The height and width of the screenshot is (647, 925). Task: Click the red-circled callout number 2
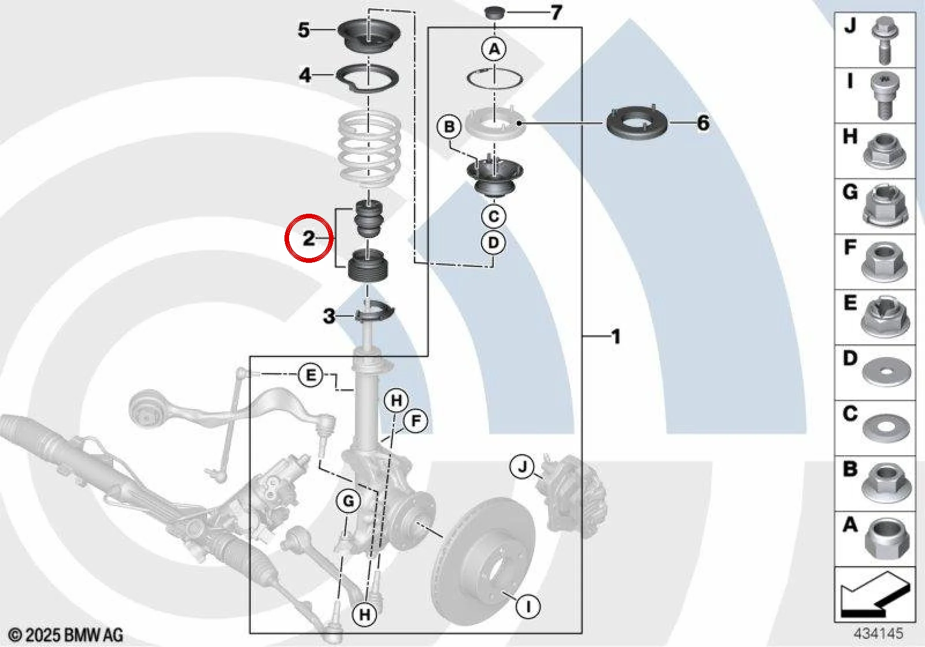point(309,239)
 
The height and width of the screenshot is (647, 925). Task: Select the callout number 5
point(304,30)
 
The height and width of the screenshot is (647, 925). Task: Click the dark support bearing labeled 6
point(637,123)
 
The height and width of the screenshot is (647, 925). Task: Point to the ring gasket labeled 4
point(367,78)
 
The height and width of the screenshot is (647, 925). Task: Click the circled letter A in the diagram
point(494,49)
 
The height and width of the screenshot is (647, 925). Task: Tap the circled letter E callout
point(310,375)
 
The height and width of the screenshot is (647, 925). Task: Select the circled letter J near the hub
point(523,467)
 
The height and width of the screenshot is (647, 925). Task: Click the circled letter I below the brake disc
point(528,606)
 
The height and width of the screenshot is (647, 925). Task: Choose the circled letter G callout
point(349,501)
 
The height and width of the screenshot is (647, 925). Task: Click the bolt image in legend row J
point(885,40)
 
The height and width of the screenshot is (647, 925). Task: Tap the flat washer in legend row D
point(886,373)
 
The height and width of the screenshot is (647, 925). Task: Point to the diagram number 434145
point(878,633)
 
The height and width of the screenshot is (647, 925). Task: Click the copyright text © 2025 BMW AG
point(66,635)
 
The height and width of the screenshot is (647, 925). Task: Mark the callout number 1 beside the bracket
point(616,337)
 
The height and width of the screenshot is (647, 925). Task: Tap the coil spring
point(369,147)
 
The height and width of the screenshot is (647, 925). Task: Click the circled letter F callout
point(416,421)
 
